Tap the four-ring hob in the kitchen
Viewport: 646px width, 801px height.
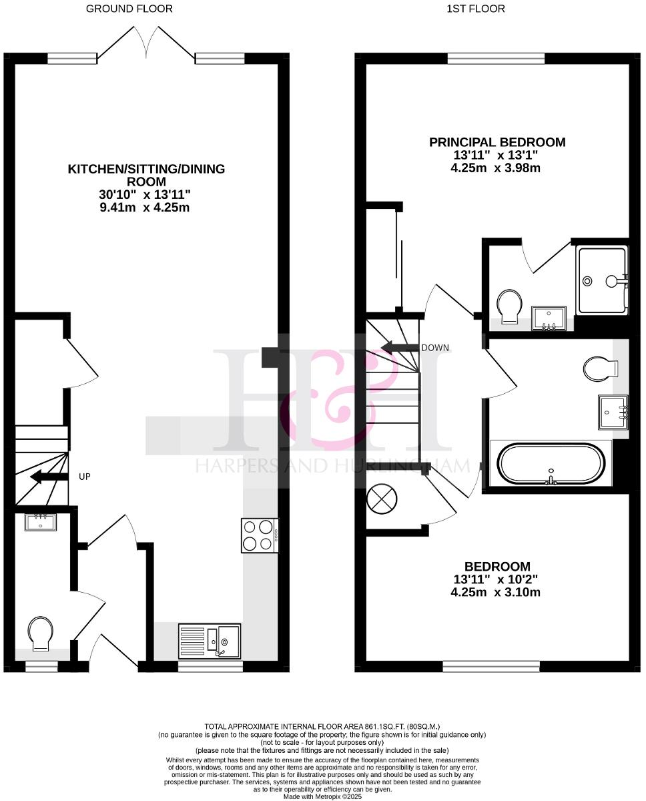pyautogui.click(x=260, y=535)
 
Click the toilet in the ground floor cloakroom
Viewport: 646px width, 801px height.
pyautogui.click(x=40, y=632)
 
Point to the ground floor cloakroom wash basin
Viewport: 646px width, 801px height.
pyautogui.click(x=41, y=522)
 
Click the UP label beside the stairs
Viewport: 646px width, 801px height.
pyautogui.click(x=84, y=477)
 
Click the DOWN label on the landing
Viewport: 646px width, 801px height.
pyautogui.click(x=434, y=348)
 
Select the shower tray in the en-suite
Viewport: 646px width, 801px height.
pyautogui.click(x=602, y=280)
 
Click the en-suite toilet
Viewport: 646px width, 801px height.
pyautogui.click(x=511, y=306)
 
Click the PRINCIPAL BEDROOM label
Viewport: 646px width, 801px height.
pyautogui.click(x=497, y=142)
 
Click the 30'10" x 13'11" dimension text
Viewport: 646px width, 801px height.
pyautogui.click(x=146, y=194)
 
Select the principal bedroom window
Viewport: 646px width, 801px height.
pyautogui.click(x=496, y=59)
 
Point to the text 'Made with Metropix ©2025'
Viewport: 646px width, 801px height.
pyautogui.click(x=323, y=796)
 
